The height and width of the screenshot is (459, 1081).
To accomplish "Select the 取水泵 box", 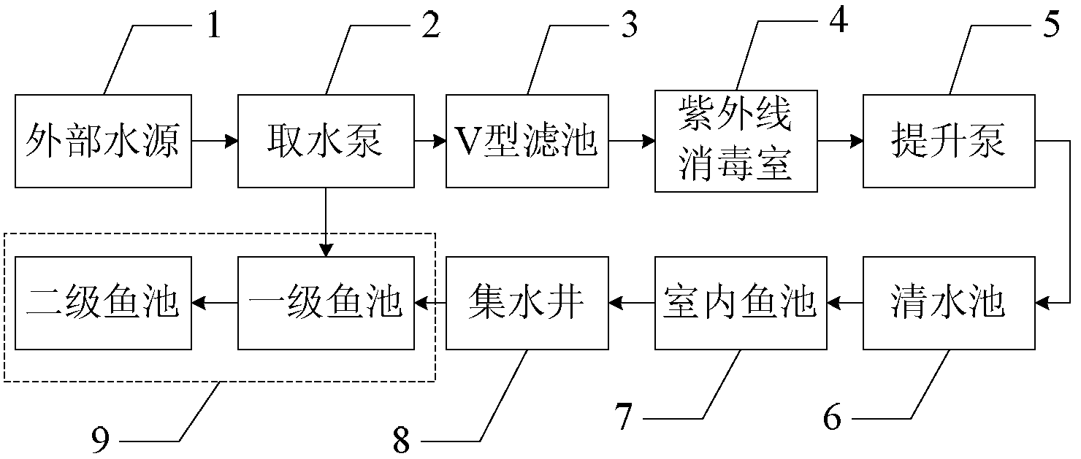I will (325, 140).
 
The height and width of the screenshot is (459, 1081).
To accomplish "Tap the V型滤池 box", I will (528, 140).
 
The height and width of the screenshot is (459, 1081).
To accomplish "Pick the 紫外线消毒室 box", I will (736, 141).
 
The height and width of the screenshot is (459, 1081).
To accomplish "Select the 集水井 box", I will (528, 302).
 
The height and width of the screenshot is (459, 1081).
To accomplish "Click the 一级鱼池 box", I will (325, 302).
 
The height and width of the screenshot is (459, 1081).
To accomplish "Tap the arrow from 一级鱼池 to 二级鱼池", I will (214, 302).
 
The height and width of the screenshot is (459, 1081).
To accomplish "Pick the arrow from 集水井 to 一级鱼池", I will (430, 302).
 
